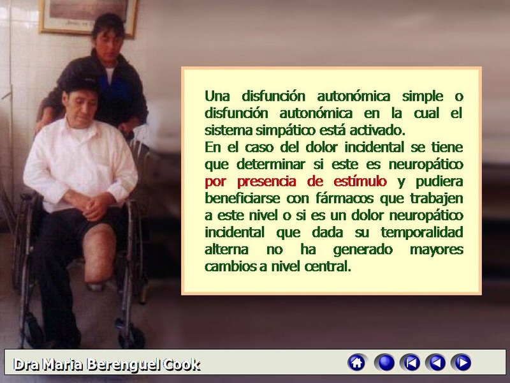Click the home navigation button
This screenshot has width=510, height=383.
[x=357, y=363]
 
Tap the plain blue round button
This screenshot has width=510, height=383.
[x=385, y=363]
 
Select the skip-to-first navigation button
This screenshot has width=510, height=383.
[x=411, y=363]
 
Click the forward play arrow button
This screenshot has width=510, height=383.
[x=462, y=363]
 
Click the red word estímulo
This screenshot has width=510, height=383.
[x=360, y=181]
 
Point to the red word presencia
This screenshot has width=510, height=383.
[x=266, y=182]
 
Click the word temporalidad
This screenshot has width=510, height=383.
[x=422, y=232]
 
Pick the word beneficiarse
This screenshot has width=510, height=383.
[x=242, y=199]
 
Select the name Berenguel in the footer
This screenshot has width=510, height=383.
[x=124, y=365]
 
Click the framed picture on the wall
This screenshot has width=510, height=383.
[x=89, y=17]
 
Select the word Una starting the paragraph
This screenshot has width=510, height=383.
[x=217, y=96]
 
